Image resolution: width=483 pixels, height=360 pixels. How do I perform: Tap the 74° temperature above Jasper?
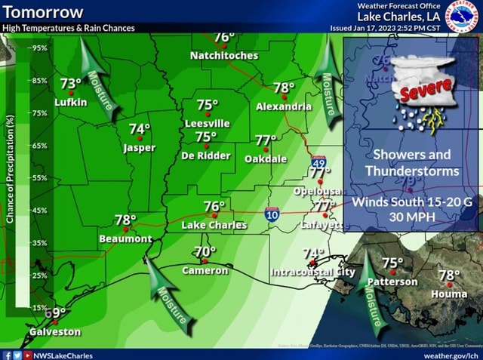click(139, 131)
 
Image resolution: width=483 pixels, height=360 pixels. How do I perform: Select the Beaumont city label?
click(126, 238)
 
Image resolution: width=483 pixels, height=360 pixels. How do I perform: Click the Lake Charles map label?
click(214, 225)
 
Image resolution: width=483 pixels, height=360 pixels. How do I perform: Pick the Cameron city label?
click(205, 270)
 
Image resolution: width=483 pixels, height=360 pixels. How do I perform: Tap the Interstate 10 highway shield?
click(273, 216)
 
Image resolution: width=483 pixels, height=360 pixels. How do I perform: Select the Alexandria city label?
click(283, 107)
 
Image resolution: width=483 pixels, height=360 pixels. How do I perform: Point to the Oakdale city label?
click(266, 159)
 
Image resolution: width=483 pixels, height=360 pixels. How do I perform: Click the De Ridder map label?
click(205, 155)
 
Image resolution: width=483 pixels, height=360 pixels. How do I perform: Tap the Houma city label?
click(448, 293)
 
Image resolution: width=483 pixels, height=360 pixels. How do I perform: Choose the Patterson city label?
click(392, 282)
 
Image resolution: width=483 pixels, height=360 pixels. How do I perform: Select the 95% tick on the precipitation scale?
click(39, 47)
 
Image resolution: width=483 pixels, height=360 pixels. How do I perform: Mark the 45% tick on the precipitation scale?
click(39, 211)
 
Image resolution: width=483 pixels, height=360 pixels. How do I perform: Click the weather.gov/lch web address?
click(451, 355)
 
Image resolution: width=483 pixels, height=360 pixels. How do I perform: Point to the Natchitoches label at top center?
click(223, 56)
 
